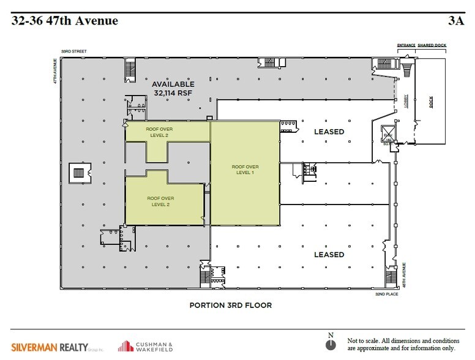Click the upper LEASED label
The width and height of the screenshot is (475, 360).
[x=329, y=132]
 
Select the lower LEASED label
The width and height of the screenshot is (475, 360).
[x=329, y=254]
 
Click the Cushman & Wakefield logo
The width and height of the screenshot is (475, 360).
[x=146, y=344]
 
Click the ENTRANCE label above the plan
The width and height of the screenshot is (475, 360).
[x=406, y=45]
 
